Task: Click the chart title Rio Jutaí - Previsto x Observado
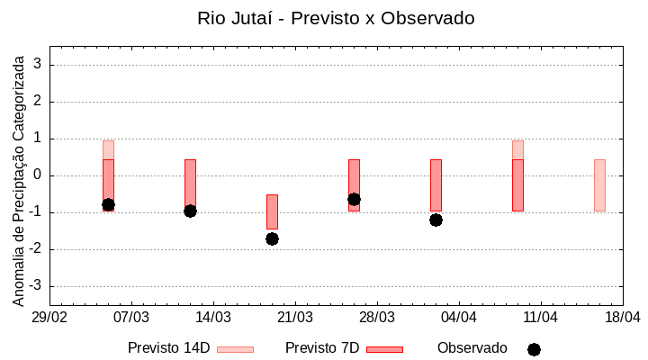pyautogui.click(x=336, y=18)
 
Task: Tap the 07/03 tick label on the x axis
pyautogui.click(x=131, y=318)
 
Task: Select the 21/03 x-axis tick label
pyautogui.click(x=295, y=318)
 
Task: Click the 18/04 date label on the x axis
pyautogui.click(x=623, y=318)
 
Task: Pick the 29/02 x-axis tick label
pyautogui.click(x=49, y=318)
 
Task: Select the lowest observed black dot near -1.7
pyautogui.click(x=272, y=238)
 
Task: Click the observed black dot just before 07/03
pyautogui.click(x=108, y=204)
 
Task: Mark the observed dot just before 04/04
pyautogui.click(x=436, y=220)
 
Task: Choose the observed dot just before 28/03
pyautogui.click(x=354, y=199)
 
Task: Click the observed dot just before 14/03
pyautogui.click(x=190, y=211)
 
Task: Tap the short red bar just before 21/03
pyautogui.click(x=272, y=211)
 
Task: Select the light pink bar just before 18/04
pyautogui.click(x=599, y=184)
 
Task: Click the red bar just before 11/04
pyautogui.click(x=517, y=184)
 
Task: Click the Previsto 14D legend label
pyautogui.click(x=168, y=348)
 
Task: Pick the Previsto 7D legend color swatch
pyautogui.click(x=384, y=349)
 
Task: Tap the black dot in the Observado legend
pyautogui.click(x=534, y=349)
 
